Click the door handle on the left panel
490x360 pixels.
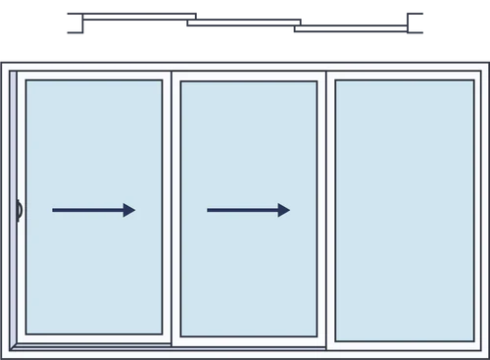coord(18,209)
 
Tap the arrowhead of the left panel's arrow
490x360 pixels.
coord(129,210)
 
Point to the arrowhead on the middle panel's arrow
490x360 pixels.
coord(284,210)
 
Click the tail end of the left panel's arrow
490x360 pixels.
coord(55,210)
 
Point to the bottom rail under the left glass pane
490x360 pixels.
coord(94,340)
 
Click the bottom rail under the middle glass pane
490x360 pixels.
coord(249,340)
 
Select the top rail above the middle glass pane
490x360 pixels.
coord(249,76)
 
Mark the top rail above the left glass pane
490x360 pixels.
coord(94,76)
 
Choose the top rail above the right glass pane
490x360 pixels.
coord(405,75)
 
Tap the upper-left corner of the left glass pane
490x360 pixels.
coord(27,81)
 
